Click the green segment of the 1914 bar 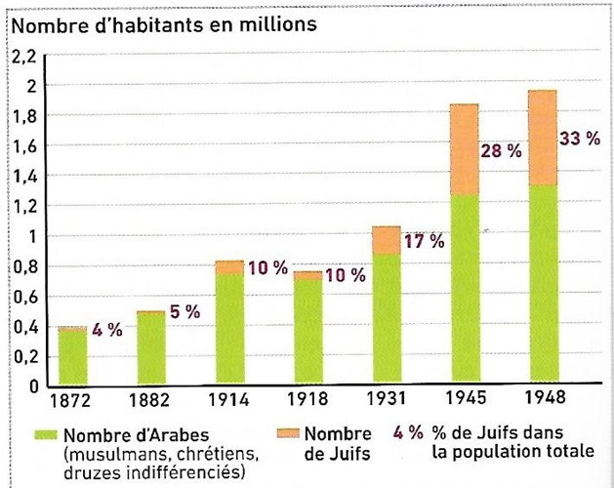click(x=229, y=327)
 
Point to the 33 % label click(x=579, y=139)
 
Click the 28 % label click(x=501, y=152)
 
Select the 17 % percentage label click(x=423, y=241)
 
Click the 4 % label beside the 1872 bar click(x=107, y=330)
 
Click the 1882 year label click(x=150, y=401)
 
